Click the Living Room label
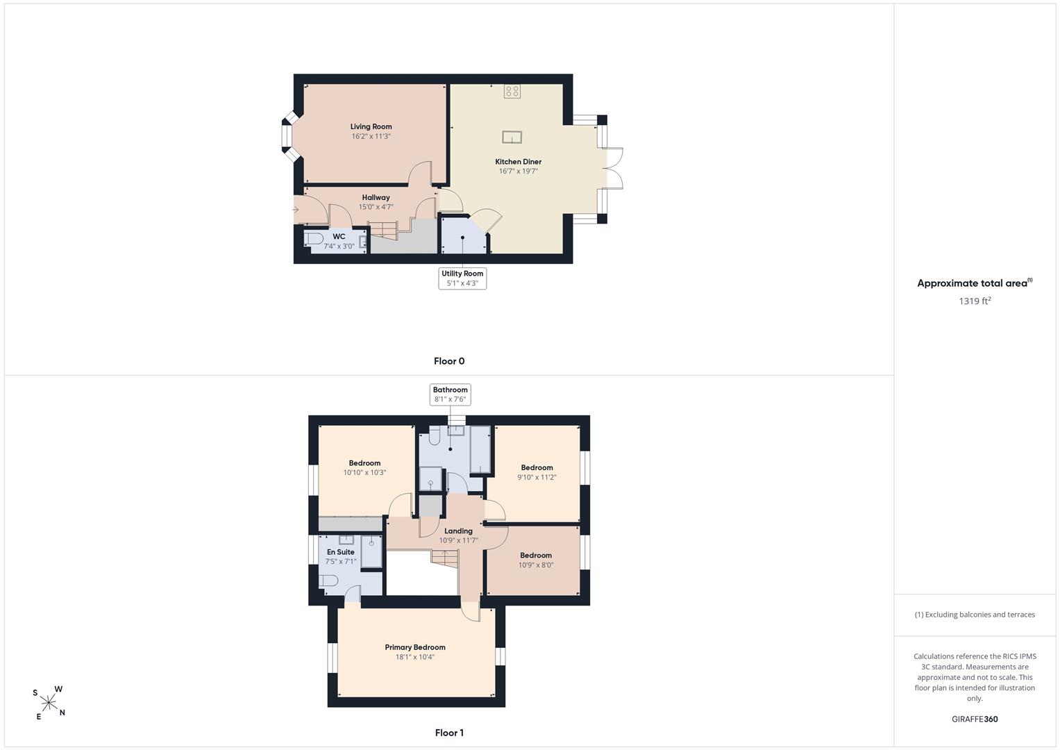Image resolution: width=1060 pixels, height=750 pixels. (371, 126)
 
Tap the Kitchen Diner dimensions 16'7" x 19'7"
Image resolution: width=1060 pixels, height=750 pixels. (518, 172)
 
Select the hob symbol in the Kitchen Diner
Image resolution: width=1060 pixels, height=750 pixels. (512, 91)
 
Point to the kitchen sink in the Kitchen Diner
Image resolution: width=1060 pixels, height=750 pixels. (512, 137)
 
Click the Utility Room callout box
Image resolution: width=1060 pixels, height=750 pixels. (462, 278)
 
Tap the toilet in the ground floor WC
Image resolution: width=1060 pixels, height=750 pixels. (313, 238)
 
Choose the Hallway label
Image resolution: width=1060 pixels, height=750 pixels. (376, 197)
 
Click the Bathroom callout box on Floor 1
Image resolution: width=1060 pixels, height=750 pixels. (450, 394)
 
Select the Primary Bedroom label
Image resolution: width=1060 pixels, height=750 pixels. (415, 647)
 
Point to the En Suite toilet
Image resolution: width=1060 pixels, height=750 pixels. (328, 581)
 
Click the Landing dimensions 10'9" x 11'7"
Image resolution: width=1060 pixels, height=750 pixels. (459, 541)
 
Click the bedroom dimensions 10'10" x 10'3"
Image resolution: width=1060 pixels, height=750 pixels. (365, 472)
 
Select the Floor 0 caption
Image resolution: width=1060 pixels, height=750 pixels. (449, 361)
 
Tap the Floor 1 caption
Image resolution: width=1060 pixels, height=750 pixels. (449, 733)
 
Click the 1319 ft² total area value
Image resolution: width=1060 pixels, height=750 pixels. (975, 301)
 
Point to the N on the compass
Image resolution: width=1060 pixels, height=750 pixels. (62, 712)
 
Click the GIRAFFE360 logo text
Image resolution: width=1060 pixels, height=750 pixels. (975, 719)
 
